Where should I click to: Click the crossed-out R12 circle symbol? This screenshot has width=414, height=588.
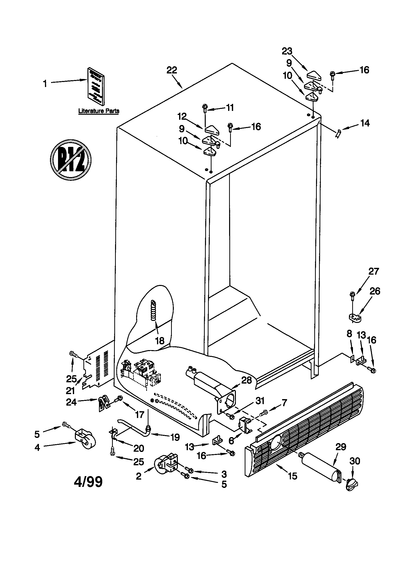tap(71, 160)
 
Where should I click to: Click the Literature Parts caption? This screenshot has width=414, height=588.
tap(99, 111)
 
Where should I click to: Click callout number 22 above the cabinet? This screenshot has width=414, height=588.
tap(172, 70)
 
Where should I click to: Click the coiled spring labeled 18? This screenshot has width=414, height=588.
tap(153, 311)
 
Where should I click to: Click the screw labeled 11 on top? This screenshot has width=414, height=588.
tap(205, 108)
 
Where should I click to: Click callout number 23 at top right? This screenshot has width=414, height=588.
tap(287, 51)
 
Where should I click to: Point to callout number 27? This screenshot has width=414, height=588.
tap(373, 271)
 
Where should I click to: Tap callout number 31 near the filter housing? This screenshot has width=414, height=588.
tap(260, 401)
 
